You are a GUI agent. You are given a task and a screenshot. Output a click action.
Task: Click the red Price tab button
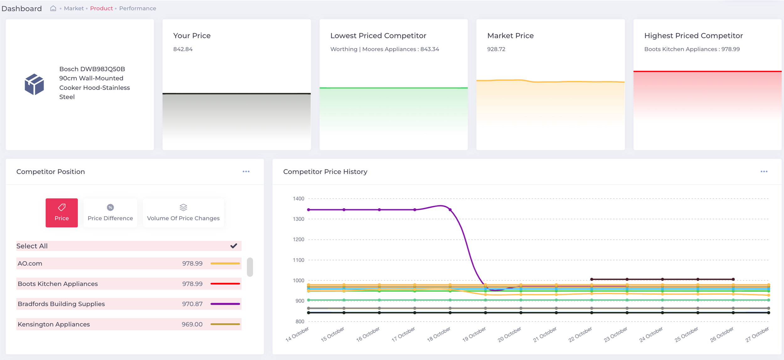click(61, 213)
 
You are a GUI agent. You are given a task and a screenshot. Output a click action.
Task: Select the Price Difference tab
click(110, 213)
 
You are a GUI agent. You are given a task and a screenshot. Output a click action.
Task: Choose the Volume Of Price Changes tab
click(183, 213)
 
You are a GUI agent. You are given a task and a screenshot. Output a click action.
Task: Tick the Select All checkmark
click(234, 246)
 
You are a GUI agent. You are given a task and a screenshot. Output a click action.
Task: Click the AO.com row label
click(30, 263)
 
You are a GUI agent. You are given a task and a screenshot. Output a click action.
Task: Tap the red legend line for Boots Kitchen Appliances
click(225, 284)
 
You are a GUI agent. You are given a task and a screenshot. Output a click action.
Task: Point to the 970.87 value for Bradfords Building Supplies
click(192, 304)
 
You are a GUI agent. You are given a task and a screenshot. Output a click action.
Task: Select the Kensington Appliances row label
click(54, 324)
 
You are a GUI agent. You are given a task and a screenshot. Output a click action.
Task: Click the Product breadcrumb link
click(101, 8)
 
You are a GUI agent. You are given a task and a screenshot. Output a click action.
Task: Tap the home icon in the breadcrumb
click(53, 8)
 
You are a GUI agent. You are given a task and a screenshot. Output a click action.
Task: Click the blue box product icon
click(34, 84)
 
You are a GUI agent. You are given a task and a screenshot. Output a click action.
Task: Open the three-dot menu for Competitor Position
click(246, 172)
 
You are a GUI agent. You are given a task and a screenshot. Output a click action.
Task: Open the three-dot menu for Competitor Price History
click(764, 172)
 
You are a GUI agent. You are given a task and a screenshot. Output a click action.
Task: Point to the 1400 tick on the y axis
click(298, 199)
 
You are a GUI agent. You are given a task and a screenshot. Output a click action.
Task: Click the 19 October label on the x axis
click(474, 334)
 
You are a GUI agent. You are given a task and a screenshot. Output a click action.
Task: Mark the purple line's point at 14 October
click(309, 209)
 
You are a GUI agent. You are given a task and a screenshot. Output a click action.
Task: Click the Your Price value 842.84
click(183, 49)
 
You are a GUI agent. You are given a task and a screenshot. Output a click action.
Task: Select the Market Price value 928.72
click(496, 49)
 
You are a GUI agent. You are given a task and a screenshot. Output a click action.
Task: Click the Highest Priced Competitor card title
click(693, 36)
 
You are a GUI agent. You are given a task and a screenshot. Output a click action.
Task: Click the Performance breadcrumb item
click(137, 8)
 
